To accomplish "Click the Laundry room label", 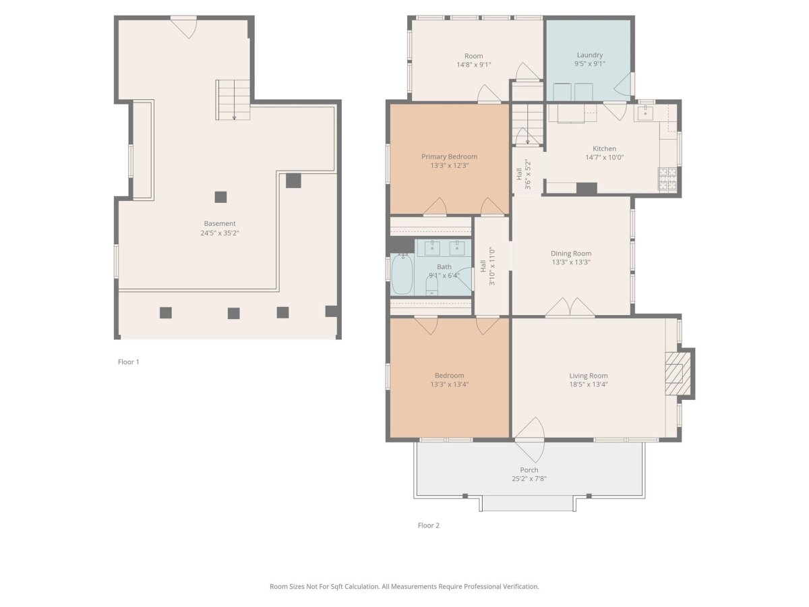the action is [x=589, y=55].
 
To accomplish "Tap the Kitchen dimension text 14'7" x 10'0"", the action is [x=604, y=157].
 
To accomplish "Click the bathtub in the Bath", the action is [x=402, y=274].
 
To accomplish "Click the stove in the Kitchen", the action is [x=667, y=178].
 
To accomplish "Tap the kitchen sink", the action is [x=645, y=112].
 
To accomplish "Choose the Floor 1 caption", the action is [x=128, y=362].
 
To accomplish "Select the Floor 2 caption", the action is [x=428, y=525].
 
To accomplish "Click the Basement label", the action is [x=220, y=223].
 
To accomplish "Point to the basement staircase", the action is [x=233, y=100].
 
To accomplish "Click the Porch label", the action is [x=529, y=470].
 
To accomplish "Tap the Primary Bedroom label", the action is [x=449, y=156].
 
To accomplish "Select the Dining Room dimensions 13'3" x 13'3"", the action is [x=571, y=262].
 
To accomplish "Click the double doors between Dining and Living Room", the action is [x=570, y=307].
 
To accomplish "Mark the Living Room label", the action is [x=589, y=376].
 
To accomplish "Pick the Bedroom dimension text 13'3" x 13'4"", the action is [x=449, y=384].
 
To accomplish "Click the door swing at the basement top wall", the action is [x=183, y=28].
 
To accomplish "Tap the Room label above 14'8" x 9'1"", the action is [x=474, y=56].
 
